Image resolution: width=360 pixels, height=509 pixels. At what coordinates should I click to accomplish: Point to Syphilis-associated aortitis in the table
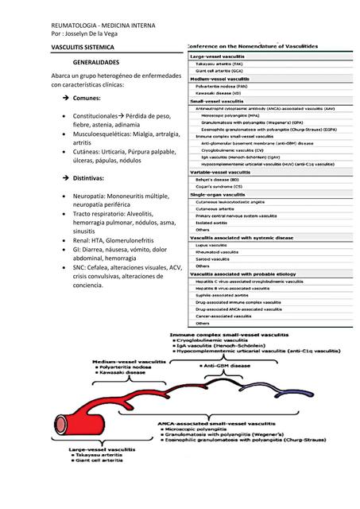pos(227,293)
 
